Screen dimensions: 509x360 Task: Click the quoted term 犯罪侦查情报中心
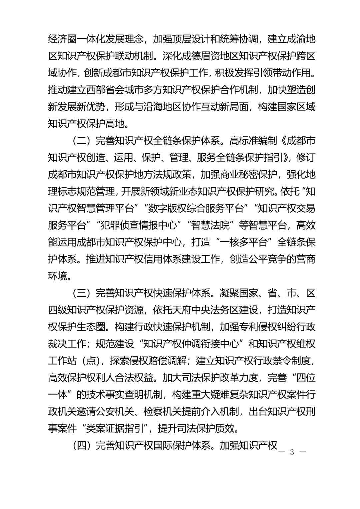pyautogui.click(x=139, y=226)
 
